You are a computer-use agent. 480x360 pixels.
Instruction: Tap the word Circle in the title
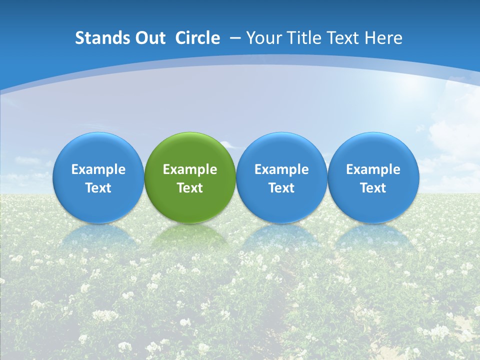(x=197, y=38)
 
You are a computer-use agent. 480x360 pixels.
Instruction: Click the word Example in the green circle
(x=190, y=169)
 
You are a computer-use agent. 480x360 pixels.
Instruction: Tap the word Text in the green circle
(x=190, y=188)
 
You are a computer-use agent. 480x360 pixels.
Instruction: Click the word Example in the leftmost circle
(x=98, y=169)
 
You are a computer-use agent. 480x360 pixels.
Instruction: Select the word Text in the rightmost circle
(x=373, y=188)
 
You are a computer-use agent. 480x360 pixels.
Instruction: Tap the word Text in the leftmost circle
(x=98, y=188)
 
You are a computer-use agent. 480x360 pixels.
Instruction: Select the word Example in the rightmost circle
(x=373, y=169)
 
